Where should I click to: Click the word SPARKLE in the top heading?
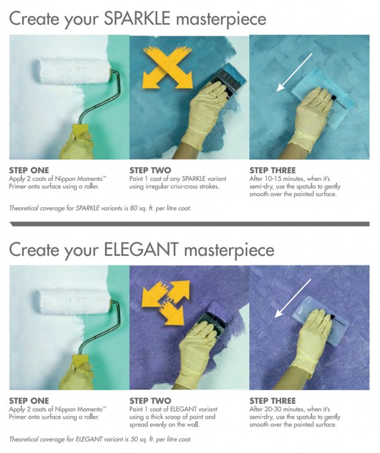137,18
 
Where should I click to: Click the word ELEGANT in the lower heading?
140,249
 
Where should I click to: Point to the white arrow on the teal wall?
294,72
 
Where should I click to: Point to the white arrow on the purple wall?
292,299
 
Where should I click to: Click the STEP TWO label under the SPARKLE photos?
150,170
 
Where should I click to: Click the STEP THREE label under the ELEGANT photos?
273,401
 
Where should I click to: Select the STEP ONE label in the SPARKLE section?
29,170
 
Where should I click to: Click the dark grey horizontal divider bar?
189,224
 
